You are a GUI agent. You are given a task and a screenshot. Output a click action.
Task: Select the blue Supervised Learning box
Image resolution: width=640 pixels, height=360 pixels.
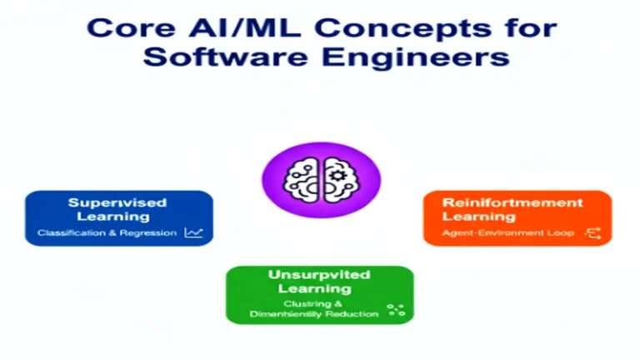tap(118, 217)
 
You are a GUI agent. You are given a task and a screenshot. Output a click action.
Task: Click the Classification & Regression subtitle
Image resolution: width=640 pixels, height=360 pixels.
tap(107, 232)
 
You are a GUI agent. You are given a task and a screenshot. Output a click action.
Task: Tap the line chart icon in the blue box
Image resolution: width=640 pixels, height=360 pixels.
tap(193, 232)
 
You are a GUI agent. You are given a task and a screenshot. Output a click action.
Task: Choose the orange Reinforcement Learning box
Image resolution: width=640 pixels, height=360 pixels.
tap(517, 217)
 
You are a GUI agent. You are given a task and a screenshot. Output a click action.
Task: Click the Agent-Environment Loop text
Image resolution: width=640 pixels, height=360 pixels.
tap(508, 232)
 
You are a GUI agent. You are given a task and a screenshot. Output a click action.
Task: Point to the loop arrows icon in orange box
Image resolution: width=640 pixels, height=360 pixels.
tap(594, 232)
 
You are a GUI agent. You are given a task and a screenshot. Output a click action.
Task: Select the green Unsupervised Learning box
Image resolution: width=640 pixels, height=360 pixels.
tap(319, 294)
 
